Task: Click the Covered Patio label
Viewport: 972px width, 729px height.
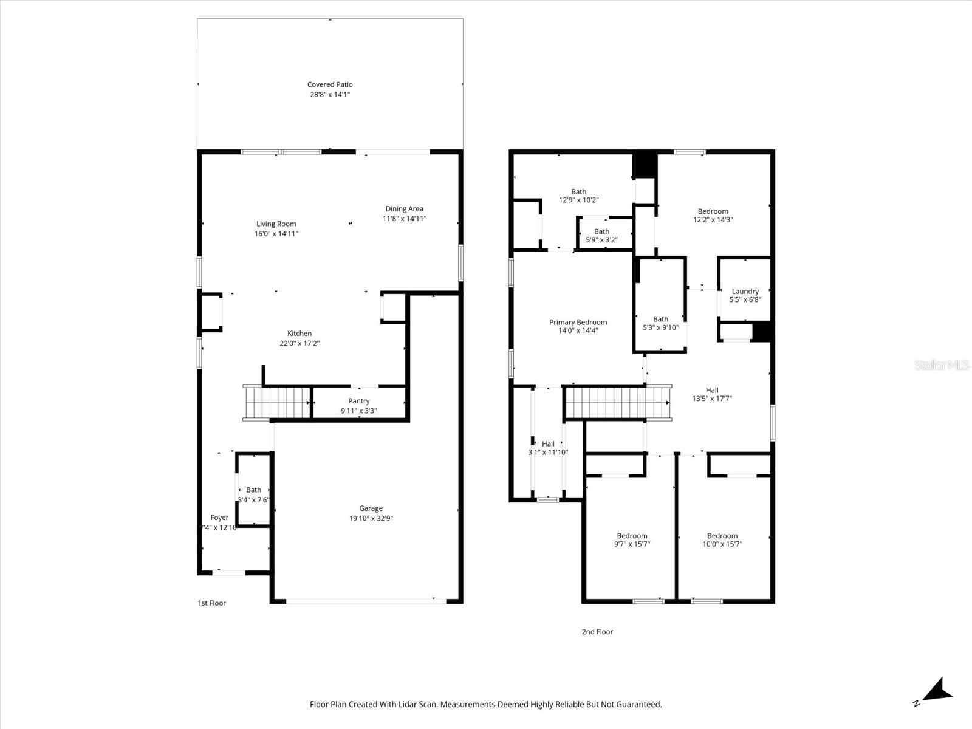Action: pos(330,85)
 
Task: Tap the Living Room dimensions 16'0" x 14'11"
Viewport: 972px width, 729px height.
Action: pos(276,234)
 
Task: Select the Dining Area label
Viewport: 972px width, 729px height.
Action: pos(404,209)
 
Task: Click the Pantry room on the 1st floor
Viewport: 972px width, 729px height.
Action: pos(359,405)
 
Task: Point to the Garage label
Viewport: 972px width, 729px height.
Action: pos(371,508)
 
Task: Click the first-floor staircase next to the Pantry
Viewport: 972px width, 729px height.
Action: pos(277,402)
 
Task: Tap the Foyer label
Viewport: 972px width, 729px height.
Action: pos(219,518)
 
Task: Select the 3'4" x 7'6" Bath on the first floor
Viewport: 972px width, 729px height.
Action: pos(254,495)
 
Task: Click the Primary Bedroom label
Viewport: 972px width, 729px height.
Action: pos(578,323)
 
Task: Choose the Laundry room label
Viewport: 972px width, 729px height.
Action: pos(745,292)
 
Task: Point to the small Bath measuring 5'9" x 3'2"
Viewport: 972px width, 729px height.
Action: pos(601,236)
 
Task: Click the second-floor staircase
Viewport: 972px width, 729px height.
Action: pos(617,403)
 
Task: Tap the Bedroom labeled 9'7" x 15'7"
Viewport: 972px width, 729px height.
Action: pos(632,540)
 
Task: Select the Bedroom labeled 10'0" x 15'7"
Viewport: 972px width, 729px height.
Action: pos(722,540)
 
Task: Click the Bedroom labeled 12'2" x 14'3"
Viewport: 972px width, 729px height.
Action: pos(713,216)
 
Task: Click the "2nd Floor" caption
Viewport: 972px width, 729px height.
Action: pos(597,632)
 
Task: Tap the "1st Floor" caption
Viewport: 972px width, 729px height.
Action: pos(211,603)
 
